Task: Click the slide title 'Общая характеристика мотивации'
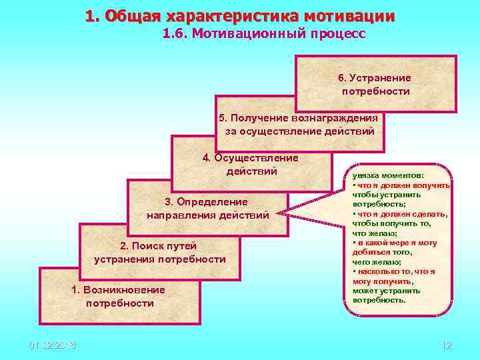click(240, 15)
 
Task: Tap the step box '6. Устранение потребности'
click(375, 84)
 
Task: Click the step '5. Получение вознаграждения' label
click(299, 118)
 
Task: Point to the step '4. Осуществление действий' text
click(251, 165)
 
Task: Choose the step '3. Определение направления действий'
click(207, 208)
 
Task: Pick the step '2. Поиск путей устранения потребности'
click(160, 253)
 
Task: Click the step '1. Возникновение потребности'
click(119, 296)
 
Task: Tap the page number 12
click(446, 345)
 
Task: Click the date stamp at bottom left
click(53, 345)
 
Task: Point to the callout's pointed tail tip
click(279, 214)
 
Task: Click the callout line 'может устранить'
click(387, 291)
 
